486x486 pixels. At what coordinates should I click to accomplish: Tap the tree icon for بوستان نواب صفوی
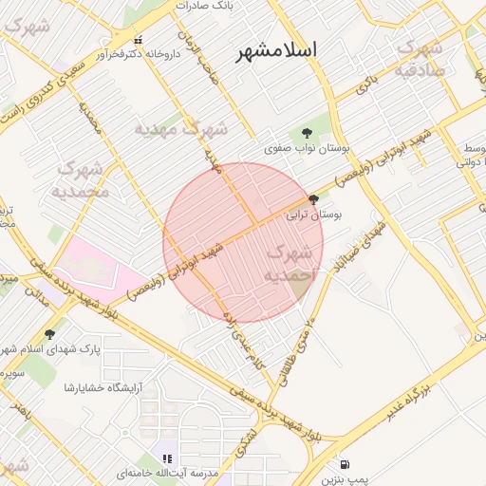306,133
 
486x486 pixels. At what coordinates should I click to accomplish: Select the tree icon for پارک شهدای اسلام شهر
49,333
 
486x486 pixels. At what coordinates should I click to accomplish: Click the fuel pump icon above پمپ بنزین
344,464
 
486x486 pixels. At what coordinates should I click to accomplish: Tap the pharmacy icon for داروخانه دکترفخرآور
139,40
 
